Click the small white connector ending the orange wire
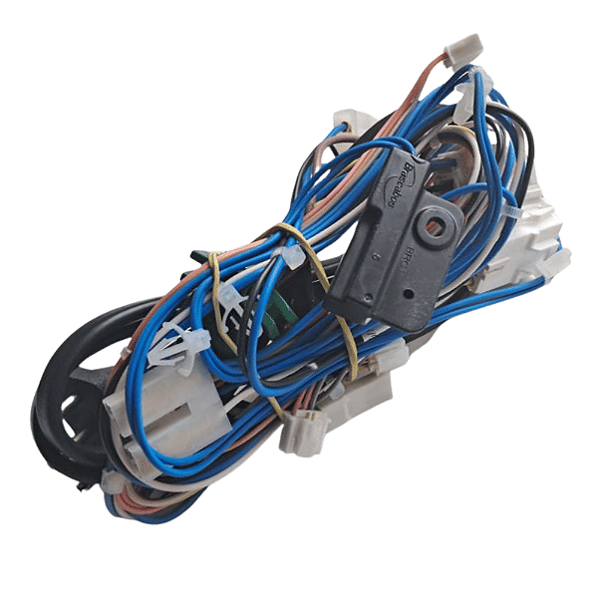point(464,46)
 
